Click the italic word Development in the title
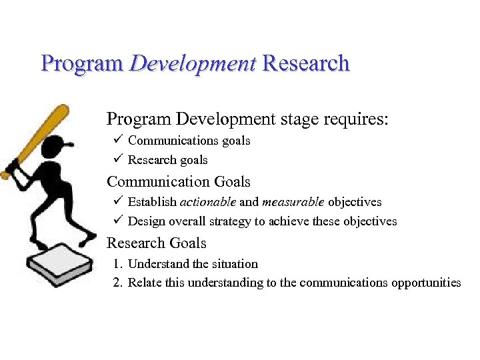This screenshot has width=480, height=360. [193, 64]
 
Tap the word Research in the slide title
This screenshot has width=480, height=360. [306, 64]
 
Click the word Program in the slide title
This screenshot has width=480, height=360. [82, 64]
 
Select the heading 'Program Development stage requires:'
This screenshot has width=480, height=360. [247, 119]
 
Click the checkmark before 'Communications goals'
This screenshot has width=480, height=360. [116, 140]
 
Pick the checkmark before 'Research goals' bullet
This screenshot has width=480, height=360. [116, 159]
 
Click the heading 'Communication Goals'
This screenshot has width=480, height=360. [179, 181]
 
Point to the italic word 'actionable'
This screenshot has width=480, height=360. [207, 202]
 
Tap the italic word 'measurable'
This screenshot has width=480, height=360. [293, 202]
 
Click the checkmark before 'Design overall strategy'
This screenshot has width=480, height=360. [116, 221]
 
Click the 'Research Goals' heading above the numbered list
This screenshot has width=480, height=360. [157, 243]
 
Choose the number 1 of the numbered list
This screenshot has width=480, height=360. [117, 264]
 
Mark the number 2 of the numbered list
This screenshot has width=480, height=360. [117, 283]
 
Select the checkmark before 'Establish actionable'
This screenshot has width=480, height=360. [116, 201]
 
